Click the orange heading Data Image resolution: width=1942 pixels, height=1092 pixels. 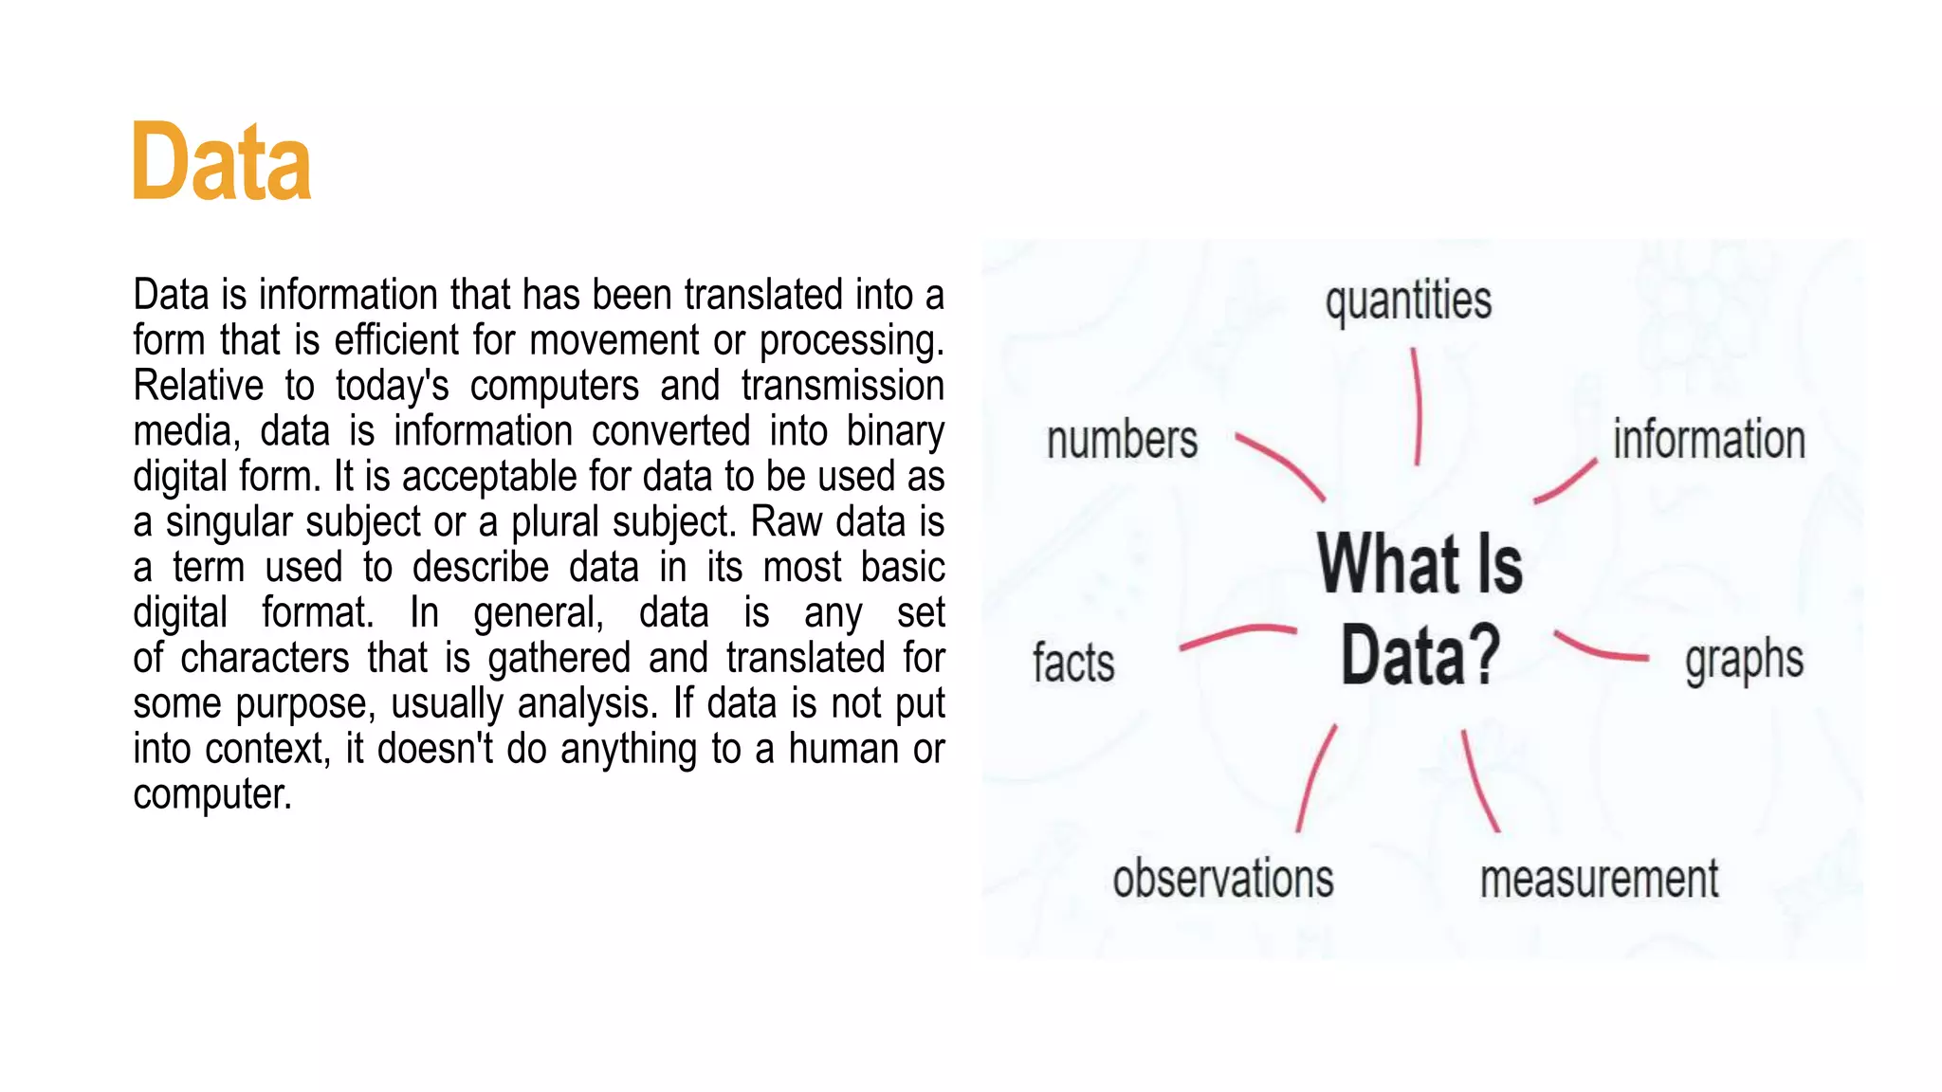tap(222, 162)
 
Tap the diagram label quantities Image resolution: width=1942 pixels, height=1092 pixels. tap(1408, 301)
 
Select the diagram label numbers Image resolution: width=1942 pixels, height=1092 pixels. tap(1122, 441)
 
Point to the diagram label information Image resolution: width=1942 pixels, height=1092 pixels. tap(1709, 440)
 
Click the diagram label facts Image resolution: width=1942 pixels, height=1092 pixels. tap(1073, 662)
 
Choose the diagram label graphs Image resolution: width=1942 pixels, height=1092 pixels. tap(1744, 660)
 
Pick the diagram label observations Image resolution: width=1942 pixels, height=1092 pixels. tap(1223, 879)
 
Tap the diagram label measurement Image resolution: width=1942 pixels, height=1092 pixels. tap(1599, 879)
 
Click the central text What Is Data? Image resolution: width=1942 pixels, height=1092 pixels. tap(1420, 609)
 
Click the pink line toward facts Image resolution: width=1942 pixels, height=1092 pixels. tap(1237, 635)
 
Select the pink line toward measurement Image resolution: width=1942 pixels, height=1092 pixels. tap(1479, 781)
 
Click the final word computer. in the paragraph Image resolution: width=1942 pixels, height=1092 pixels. tap(211, 794)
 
